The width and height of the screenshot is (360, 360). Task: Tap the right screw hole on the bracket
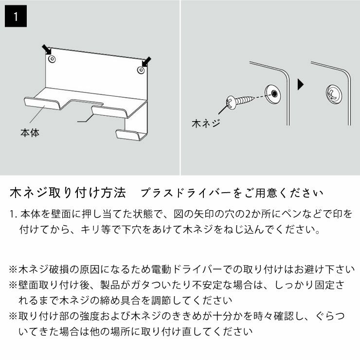pos(141,71)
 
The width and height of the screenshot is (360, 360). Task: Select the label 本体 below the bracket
pos(30,132)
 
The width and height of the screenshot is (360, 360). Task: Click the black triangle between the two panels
pos(300,84)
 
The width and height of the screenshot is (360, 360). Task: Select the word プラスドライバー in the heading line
pos(183,193)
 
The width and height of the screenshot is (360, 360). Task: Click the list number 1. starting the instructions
pos(14,214)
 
